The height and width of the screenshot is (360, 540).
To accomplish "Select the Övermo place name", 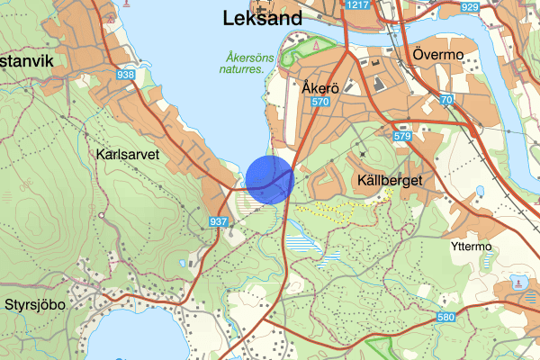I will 438,55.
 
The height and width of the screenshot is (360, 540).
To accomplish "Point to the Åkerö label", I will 321,88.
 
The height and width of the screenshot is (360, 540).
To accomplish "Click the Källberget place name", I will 390,181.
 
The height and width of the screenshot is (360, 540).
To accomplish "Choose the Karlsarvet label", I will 126,154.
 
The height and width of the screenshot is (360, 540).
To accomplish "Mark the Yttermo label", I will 469,245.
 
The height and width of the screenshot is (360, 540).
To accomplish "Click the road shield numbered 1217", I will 357,5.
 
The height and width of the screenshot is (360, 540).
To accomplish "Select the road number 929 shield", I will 469,6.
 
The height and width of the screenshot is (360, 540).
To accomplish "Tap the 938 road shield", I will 125,75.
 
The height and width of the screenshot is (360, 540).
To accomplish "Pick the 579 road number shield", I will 401,136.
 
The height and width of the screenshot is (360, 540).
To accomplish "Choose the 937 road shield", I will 218,221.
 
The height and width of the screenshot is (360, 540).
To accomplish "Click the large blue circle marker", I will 270,179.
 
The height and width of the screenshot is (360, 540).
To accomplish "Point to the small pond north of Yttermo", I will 479,191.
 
